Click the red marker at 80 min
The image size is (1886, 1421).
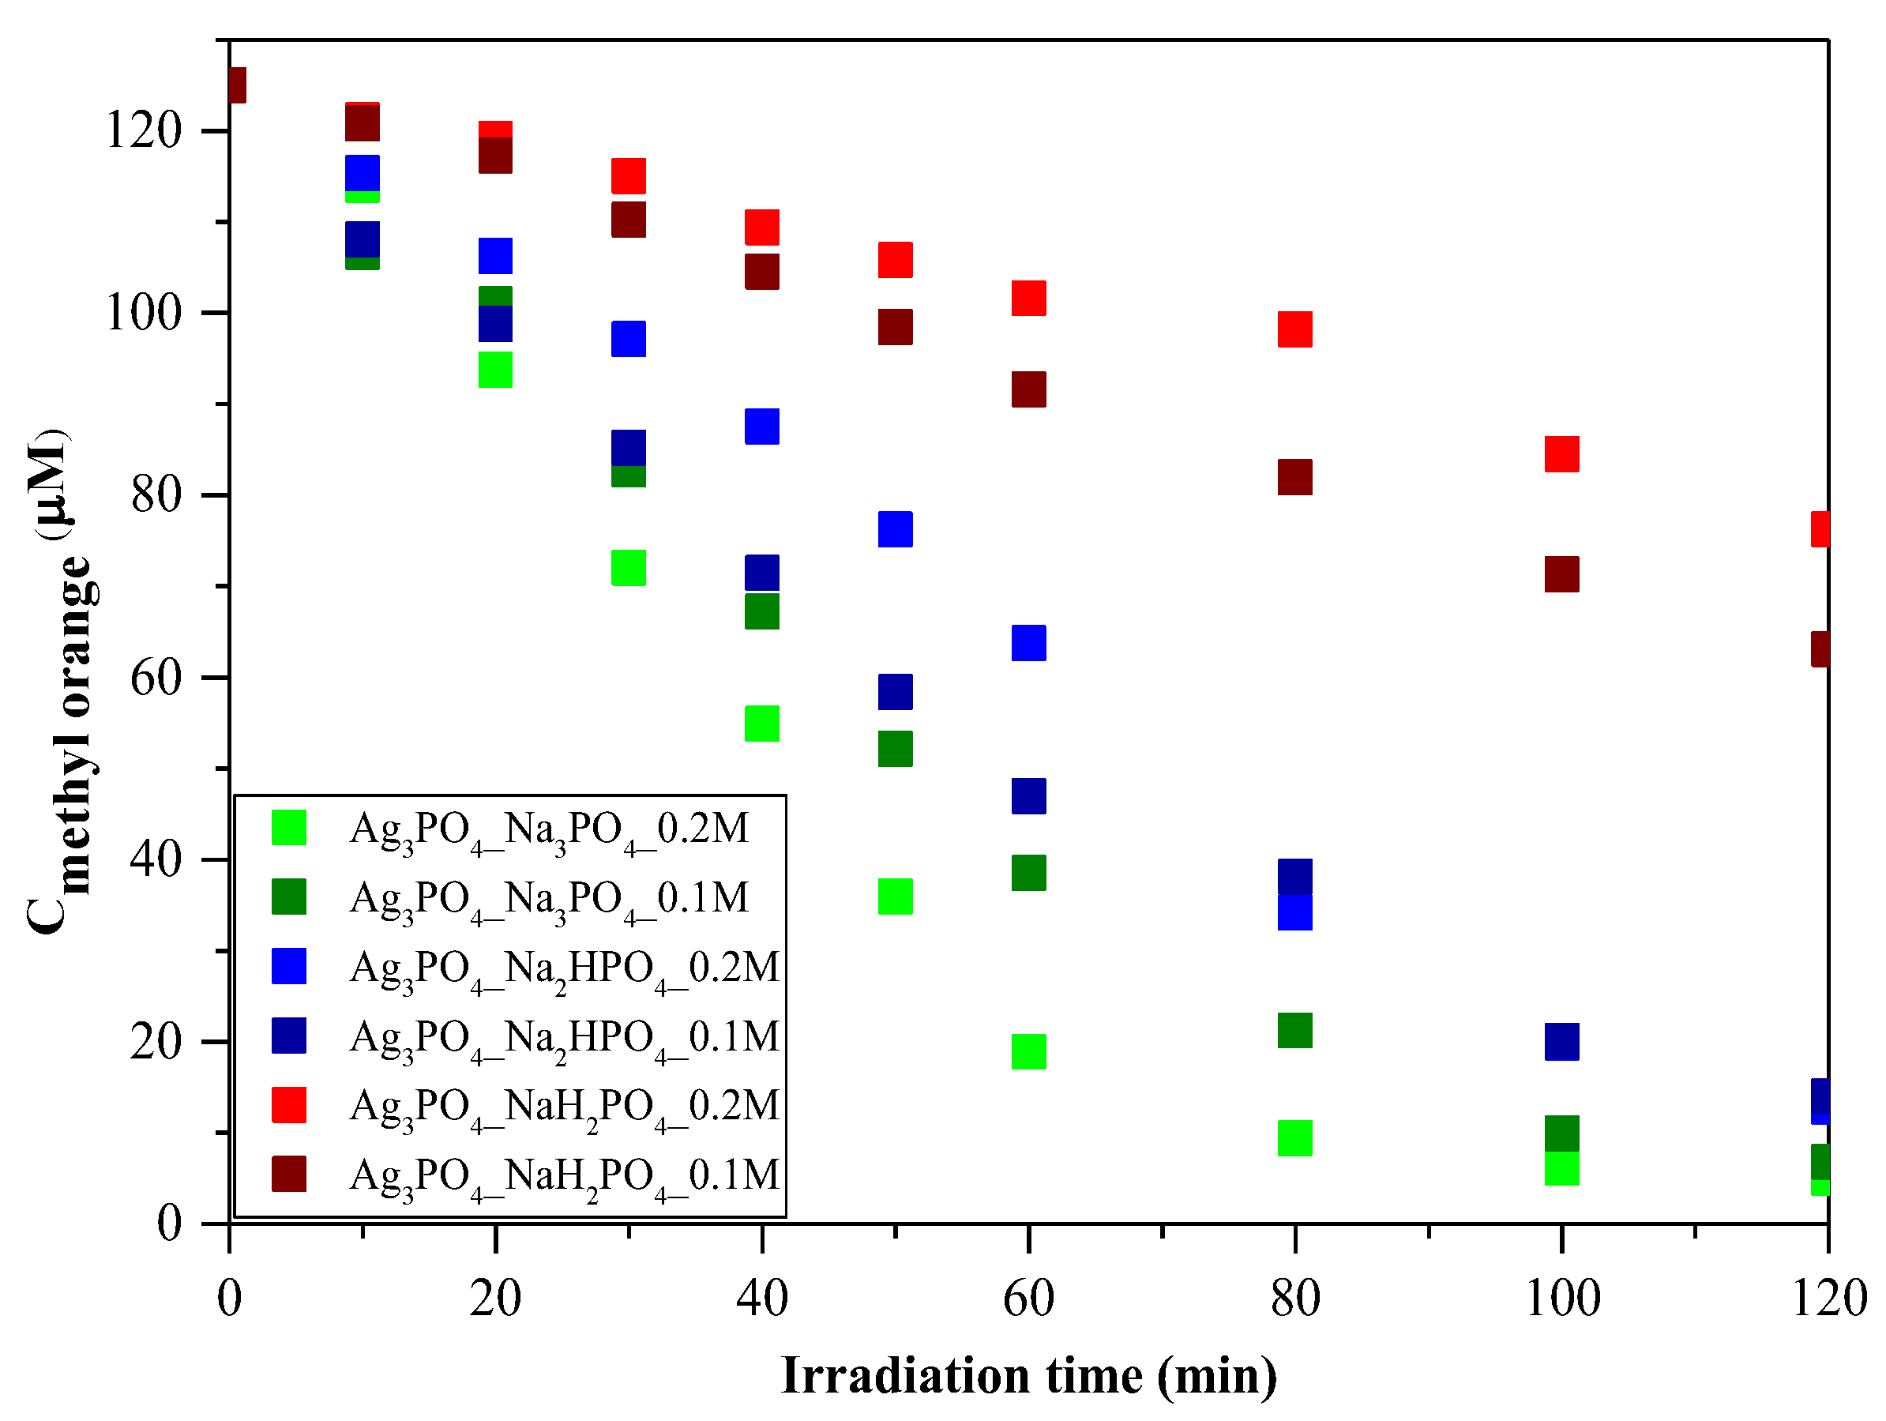point(1294,329)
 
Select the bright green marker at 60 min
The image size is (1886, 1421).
point(1028,1051)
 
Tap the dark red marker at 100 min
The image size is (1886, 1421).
point(1561,574)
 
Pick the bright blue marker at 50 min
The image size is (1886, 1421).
point(896,528)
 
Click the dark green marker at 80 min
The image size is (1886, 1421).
point(1294,1030)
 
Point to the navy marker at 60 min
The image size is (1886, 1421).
point(1028,795)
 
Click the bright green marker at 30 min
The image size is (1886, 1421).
point(629,568)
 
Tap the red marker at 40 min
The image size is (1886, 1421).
point(761,227)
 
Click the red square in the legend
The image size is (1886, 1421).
point(289,1104)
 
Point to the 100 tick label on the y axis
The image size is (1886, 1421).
point(143,313)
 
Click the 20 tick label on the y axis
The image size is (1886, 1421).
point(156,1041)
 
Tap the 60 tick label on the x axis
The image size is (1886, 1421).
point(1028,1299)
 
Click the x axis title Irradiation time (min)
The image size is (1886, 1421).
point(1028,1376)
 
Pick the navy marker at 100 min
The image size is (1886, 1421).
point(1561,1041)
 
